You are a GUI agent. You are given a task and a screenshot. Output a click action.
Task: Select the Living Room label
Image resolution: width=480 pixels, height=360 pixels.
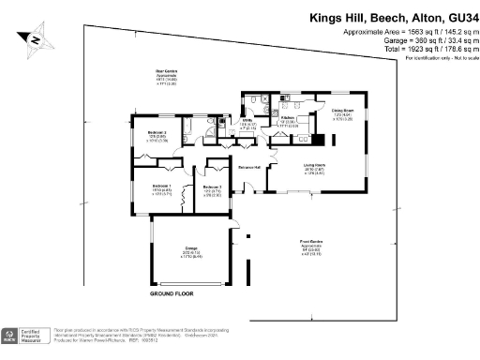(313, 166)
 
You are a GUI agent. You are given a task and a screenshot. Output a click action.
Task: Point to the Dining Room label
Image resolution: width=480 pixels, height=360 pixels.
(341, 112)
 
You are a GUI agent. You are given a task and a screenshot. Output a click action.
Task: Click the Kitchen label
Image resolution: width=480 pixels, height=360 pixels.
(289, 118)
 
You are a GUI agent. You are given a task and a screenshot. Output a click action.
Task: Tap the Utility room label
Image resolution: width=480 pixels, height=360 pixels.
(248, 121)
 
